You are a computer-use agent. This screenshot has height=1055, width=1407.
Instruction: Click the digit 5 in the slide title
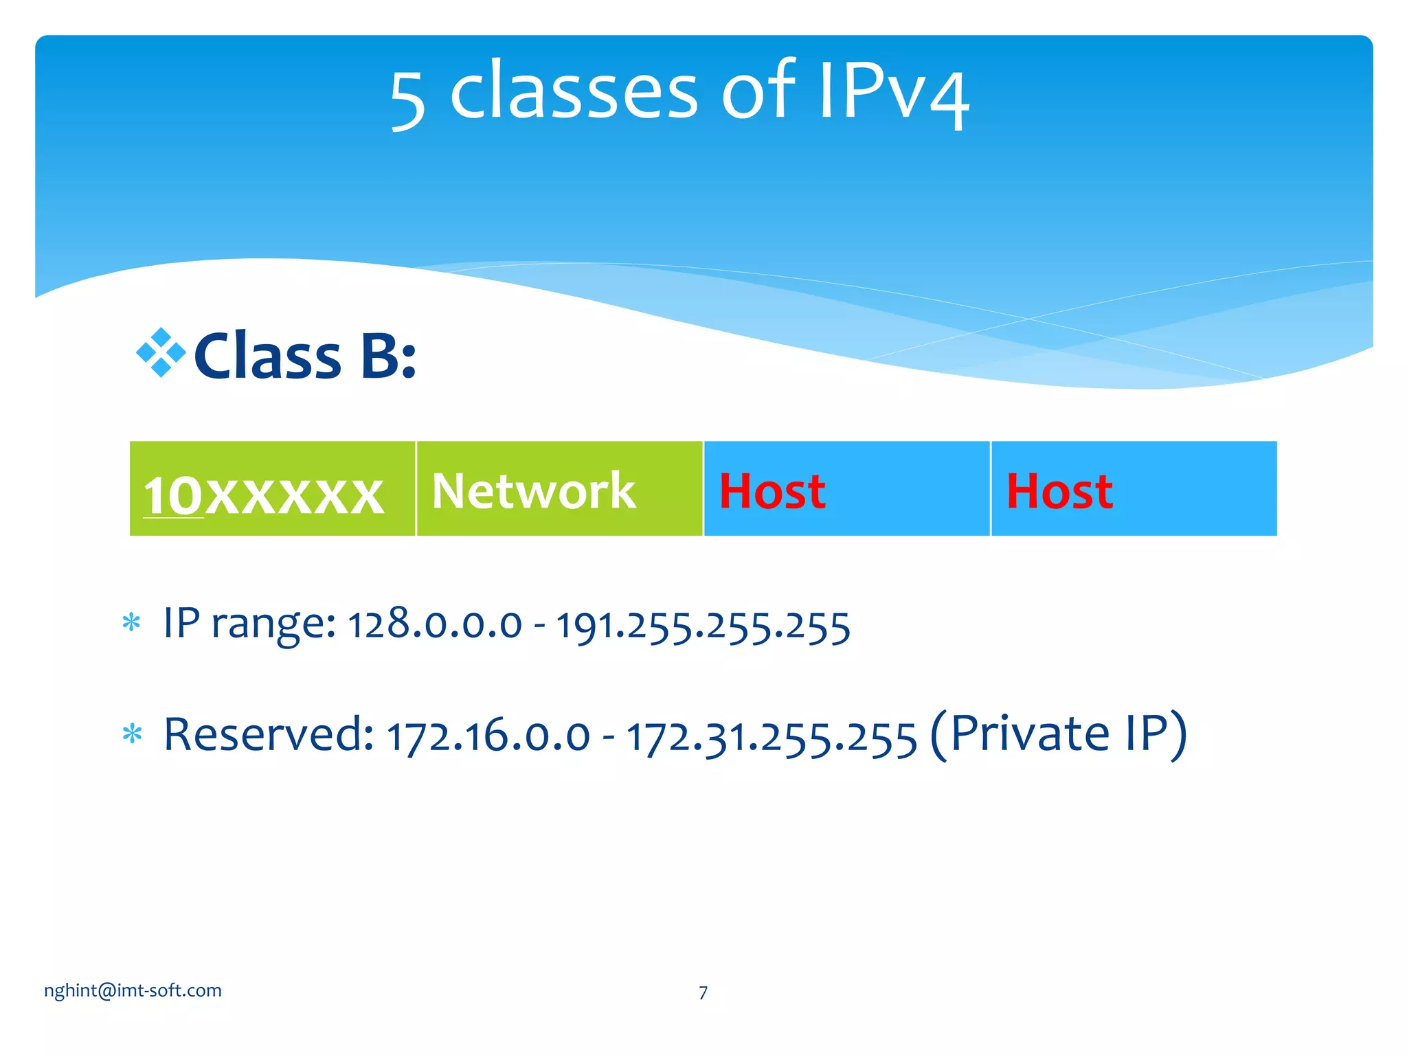tap(408, 100)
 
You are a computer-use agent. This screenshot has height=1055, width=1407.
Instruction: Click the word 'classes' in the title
tap(574, 91)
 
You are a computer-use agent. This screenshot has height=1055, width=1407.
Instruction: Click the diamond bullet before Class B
tap(161, 353)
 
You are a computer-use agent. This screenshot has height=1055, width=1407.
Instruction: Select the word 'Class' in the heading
tap(268, 356)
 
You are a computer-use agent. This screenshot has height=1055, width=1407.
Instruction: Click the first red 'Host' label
tap(772, 492)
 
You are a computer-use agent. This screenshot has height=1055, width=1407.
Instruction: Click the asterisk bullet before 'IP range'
tap(131, 623)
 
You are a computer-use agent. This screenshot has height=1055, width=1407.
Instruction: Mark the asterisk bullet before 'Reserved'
tap(131, 734)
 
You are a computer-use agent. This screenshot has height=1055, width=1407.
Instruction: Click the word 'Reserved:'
tap(269, 734)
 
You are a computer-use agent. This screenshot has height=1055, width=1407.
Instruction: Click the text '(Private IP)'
tap(1058, 734)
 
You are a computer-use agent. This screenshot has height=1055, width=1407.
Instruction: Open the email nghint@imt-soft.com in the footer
tap(133, 990)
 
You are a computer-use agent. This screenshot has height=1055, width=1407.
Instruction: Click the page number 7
tap(703, 992)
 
